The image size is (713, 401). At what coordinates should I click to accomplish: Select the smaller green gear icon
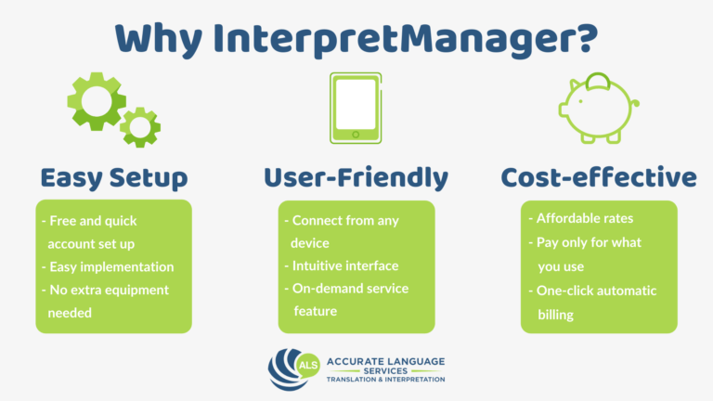[x=140, y=127]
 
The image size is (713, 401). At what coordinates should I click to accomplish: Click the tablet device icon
[x=356, y=108]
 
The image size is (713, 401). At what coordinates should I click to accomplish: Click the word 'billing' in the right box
[x=560, y=315]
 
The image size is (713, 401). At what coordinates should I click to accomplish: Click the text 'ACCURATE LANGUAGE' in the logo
[x=379, y=359]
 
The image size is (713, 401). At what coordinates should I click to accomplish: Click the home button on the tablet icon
[x=356, y=136]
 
